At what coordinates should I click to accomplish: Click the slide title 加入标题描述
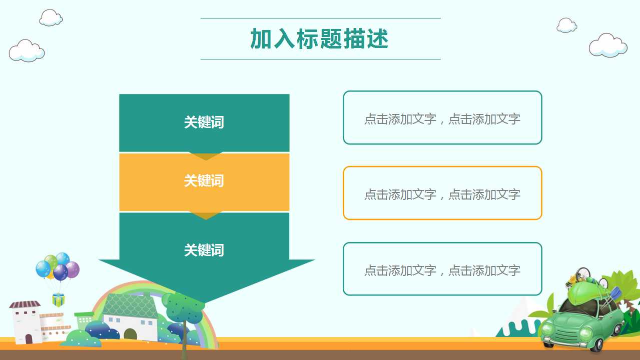tap(319, 39)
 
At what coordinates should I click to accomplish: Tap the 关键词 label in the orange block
tap(204, 180)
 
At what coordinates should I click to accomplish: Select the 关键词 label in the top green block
tap(204, 122)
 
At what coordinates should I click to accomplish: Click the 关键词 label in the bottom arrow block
tap(204, 250)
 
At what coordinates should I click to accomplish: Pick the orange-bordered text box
tap(442, 193)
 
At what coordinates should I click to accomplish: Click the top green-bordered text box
tap(442, 117)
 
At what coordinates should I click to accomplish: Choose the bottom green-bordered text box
tap(442, 268)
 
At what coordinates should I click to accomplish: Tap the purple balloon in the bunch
tap(73, 269)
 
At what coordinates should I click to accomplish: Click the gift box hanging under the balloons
tap(58, 300)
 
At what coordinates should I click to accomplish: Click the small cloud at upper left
tap(51, 17)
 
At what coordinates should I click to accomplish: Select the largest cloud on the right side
tap(608, 45)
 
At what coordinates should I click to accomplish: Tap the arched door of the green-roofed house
tap(130, 334)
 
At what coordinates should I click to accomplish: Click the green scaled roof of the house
tap(131, 305)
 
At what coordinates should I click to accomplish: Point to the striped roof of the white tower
tap(25, 304)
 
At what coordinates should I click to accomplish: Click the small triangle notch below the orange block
tap(206, 215)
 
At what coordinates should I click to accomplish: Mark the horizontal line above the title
tap(321, 18)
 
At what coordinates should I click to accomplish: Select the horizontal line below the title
tap(321, 59)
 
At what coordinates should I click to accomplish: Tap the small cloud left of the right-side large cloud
tap(566, 25)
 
